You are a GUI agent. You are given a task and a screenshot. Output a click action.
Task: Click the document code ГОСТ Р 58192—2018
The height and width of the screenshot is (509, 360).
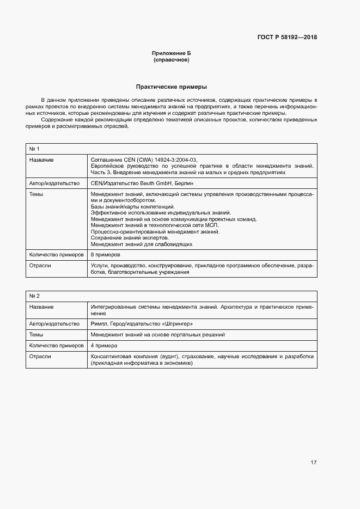coord(287,38)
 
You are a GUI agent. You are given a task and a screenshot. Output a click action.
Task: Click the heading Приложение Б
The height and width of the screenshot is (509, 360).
coord(172,53)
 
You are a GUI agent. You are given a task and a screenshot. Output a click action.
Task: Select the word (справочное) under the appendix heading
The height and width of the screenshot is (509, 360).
coord(172,60)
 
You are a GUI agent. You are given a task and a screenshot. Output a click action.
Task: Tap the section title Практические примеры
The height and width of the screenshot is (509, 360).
coord(172,87)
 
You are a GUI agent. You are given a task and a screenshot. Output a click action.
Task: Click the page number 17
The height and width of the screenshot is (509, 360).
coord(313,463)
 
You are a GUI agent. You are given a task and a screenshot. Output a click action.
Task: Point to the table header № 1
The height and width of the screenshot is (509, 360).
coord(34,149)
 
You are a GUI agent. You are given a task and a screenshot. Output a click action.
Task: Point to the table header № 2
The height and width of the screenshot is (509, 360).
coord(34,296)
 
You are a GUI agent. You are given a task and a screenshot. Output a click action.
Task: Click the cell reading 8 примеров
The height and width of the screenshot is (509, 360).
coord(105,254)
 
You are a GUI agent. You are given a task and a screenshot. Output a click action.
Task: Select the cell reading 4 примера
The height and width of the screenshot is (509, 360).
coord(103,346)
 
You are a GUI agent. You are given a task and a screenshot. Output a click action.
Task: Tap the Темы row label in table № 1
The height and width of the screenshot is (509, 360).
coord(36,194)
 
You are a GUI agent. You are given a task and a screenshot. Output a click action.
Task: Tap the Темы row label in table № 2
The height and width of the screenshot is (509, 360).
coord(36,335)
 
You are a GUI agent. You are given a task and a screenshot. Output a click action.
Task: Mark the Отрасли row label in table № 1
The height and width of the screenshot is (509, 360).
coord(40,265)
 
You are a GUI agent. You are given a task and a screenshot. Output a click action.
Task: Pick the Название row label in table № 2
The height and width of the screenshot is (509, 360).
coord(41,307)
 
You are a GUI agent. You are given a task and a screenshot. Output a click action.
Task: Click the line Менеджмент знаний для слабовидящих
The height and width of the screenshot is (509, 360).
coord(141,244)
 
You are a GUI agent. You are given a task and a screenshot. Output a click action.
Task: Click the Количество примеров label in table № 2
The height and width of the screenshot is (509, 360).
coord(56,346)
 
